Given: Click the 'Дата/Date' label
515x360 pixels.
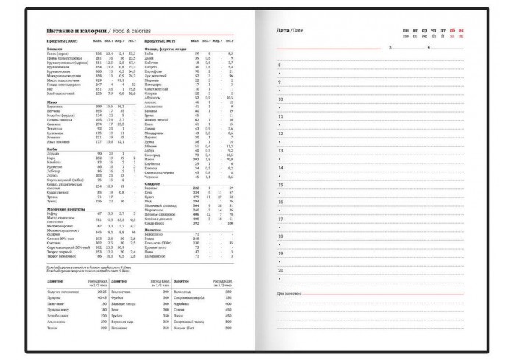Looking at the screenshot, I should [x=289, y=30].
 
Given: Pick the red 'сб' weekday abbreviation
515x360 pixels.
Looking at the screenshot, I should [x=452, y=30].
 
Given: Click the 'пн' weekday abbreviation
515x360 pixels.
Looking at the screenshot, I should [x=405, y=30].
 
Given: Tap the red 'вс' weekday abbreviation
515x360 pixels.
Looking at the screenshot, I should [x=461, y=30].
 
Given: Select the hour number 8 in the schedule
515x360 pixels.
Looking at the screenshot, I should [x=279, y=66].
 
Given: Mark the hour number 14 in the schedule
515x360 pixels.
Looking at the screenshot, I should [x=280, y=168].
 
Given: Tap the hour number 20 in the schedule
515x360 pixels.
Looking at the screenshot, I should [x=280, y=270].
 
